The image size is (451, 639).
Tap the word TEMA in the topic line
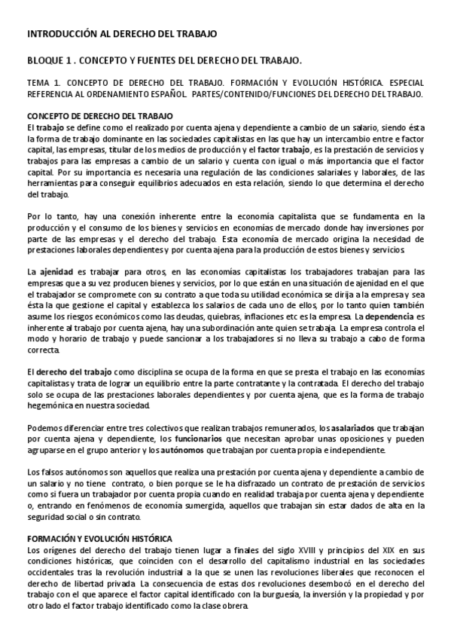click(x=37, y=84)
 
